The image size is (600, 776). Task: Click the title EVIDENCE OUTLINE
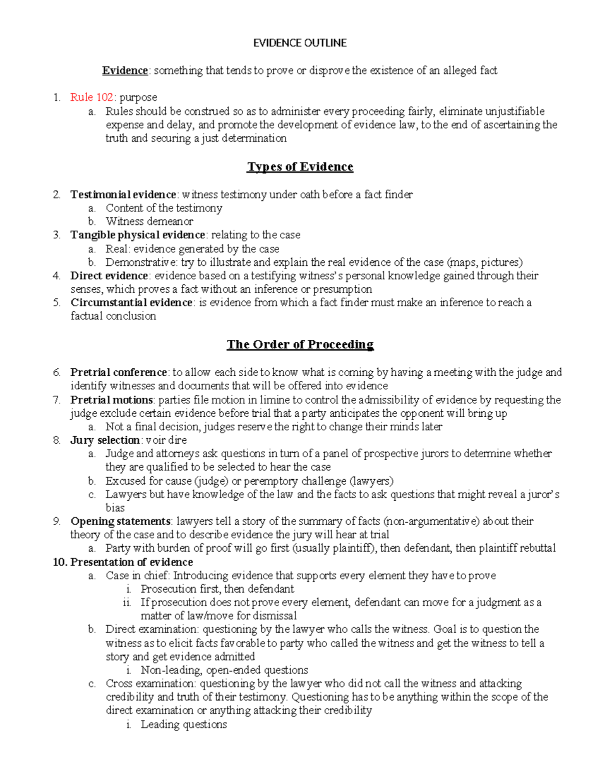(299, 43)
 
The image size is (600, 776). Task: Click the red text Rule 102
(91, 97)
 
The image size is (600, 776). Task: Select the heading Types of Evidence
(300, 167)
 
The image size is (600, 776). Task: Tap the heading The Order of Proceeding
(300, 345)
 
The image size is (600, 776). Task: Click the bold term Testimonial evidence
(123, 194)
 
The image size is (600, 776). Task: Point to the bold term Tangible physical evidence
(137, 235)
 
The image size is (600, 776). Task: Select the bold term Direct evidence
(109, 276)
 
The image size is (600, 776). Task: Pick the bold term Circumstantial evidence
(131, 303)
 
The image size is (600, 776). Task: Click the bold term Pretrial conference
(118, 373)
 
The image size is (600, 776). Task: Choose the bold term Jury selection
(104, 440)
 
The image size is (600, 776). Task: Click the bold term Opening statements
(120, 522)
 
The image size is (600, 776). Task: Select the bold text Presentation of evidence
(131, 562)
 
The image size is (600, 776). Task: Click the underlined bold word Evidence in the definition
(124, 71)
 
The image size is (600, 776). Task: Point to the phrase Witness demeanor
(149, 221)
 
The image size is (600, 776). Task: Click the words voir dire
(166, 440)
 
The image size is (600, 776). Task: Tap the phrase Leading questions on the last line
(183, 725)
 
